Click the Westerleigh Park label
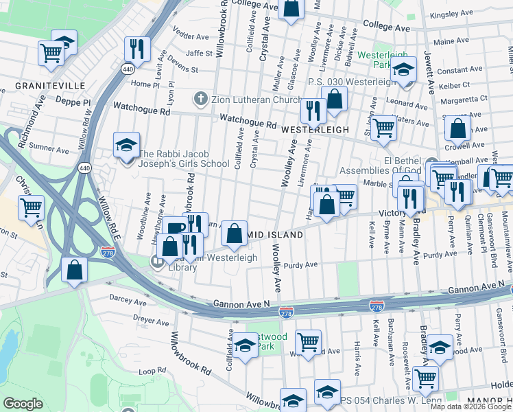click(x=382, y=60)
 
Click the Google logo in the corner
click(x=23, y=404)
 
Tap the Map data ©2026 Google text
click(x=470, y=407)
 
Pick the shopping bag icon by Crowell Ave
click(x=457, y=128)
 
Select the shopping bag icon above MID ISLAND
click(x=235, y=233)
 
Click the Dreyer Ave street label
click(x=151, y=321)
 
